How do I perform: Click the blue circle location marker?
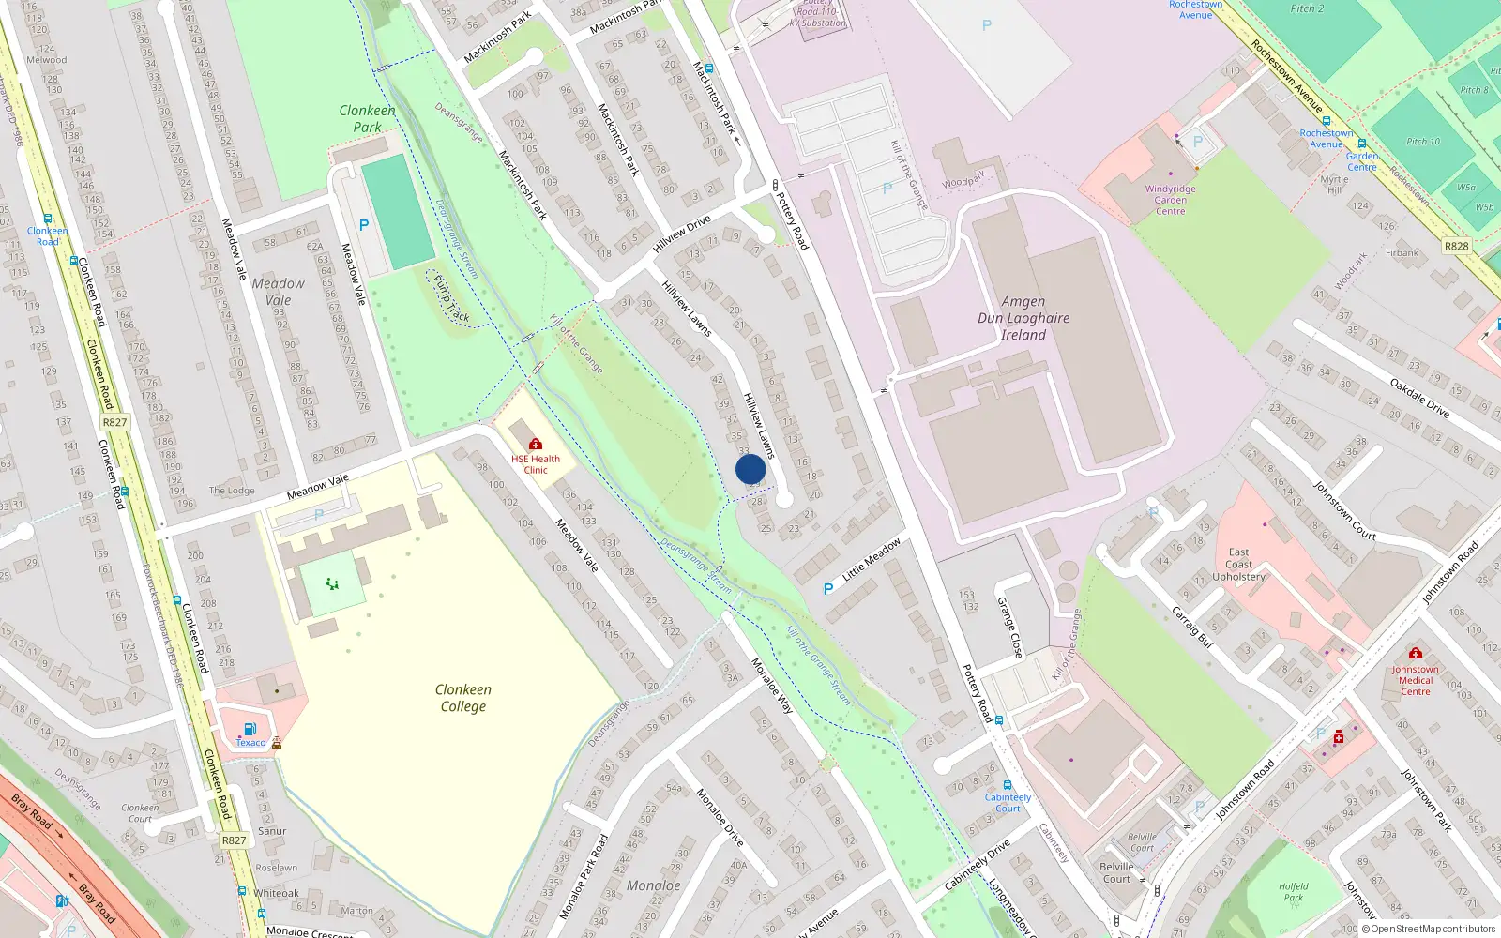coord(750,469)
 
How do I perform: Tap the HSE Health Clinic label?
coord(536,464)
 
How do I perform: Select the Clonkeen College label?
coord(462,698)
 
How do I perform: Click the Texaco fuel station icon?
coord(250,729)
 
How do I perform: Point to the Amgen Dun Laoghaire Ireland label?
coord(1023,318)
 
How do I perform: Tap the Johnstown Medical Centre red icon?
coord(1416,653)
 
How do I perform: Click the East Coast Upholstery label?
coord(1238,565)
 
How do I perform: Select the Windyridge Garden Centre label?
coord(1170,200)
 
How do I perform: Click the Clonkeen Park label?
coord(367,118)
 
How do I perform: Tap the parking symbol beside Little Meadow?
coord(827,589)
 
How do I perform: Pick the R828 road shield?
coord(1456,246)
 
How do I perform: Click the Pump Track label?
coord(451,298)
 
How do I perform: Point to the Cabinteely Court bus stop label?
coord(1008,803)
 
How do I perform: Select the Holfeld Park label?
coord(1293,891)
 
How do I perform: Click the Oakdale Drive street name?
coord(1419,398)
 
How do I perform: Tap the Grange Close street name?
coord(1009,627)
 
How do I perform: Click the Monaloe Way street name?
coord(772,686)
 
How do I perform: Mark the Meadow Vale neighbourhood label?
coord(278,292)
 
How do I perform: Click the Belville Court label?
coord(1116,872)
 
